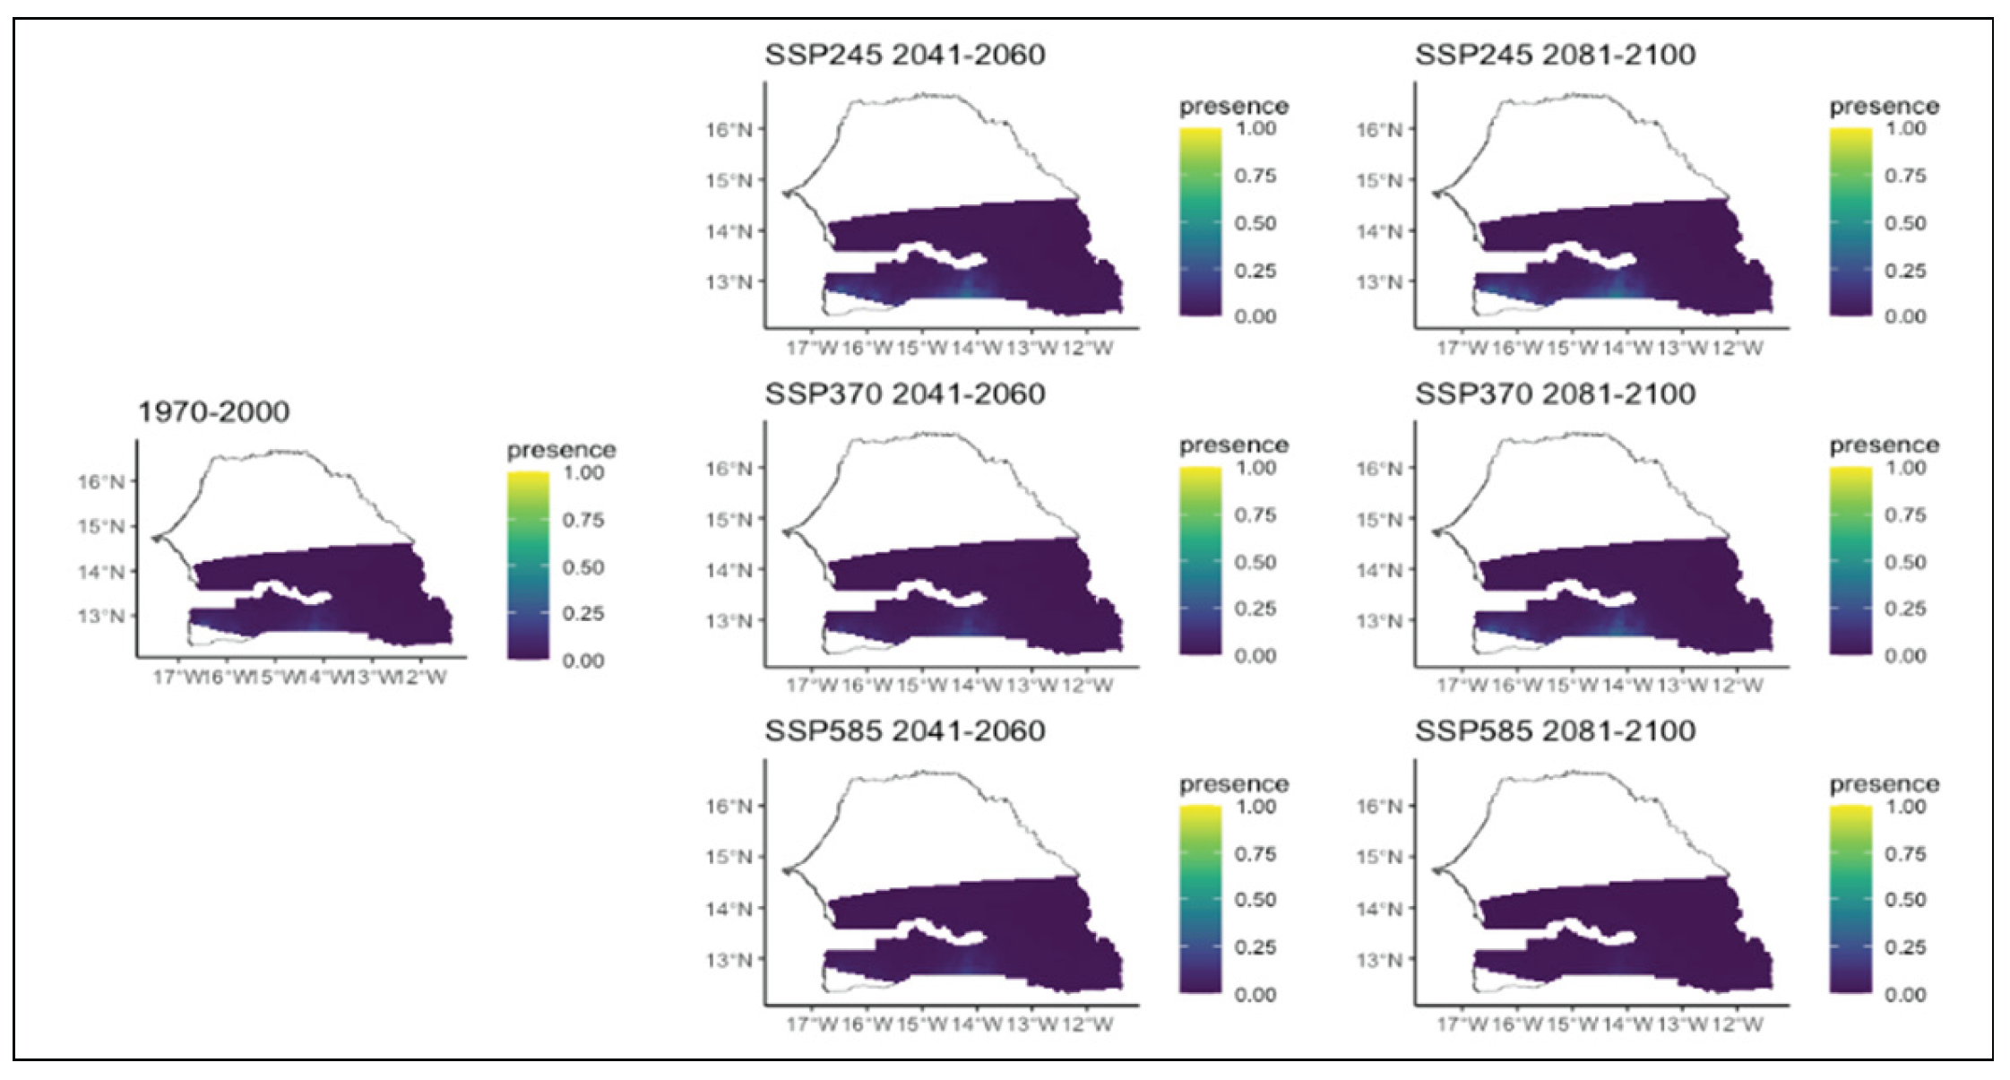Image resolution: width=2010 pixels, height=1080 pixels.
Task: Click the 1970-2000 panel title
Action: [213, 412]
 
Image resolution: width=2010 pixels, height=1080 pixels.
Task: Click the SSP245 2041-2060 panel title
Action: [904, 55]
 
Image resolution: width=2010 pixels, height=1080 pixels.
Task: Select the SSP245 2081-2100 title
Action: [1555, 55]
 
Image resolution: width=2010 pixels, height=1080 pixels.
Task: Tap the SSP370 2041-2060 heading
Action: [904, 394]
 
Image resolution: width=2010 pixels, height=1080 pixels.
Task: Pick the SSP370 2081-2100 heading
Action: [1555, 394]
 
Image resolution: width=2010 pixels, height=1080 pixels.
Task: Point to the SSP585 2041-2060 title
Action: [904, 731]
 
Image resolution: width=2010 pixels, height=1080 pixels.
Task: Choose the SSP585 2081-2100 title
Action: [1555, 731]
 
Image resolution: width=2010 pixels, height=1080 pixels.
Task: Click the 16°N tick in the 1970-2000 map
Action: [101, 482]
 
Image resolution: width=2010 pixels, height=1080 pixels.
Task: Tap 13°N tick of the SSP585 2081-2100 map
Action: [1379, 960]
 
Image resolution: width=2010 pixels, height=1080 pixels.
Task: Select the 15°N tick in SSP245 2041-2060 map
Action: [729, 180]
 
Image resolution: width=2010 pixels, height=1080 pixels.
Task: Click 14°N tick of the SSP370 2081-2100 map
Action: [1379, 570]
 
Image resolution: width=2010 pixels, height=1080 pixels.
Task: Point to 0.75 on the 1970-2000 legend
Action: [582, 520]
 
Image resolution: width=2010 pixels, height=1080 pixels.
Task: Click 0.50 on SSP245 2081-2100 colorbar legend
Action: [1905, 223]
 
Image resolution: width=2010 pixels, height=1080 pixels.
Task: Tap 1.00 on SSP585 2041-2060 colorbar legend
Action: [1255, 807]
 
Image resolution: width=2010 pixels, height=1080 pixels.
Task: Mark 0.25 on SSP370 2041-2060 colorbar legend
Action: [1255, 609]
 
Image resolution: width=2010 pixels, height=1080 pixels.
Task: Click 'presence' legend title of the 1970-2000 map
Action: [561, 450]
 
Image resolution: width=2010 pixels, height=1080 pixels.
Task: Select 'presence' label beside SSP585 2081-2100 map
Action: [1884, 785]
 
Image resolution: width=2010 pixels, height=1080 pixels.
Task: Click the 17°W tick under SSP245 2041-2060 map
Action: [811, 348]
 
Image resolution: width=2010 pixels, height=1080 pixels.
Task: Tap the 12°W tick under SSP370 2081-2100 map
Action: [1738, 686]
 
